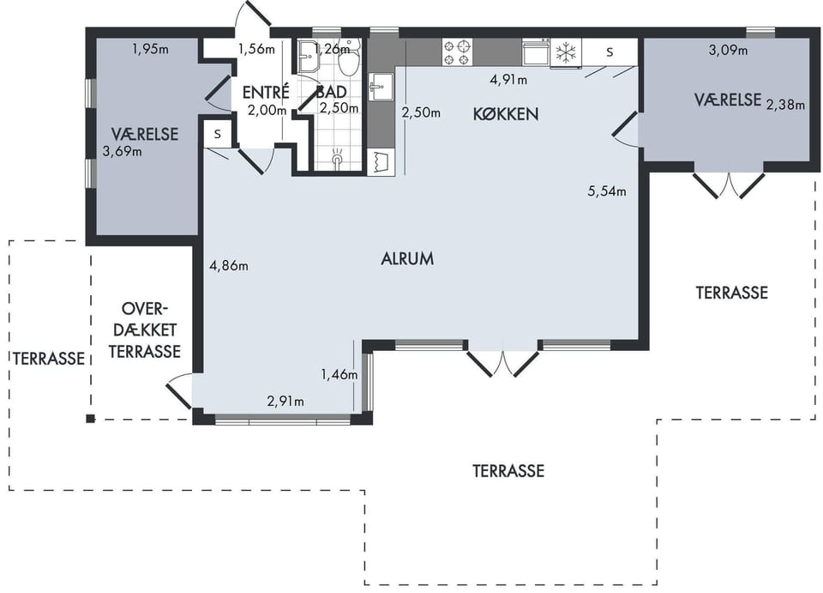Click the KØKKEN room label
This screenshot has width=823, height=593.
(506, 114)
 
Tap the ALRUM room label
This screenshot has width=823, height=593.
(407, 258)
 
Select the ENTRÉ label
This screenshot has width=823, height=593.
(266, 92)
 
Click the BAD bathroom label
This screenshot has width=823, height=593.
(331, 92)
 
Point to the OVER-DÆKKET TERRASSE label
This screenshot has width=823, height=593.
(144, 330)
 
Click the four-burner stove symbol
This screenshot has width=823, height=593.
(457, 52)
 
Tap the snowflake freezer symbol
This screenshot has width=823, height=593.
(566, 52)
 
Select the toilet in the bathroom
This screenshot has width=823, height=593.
(349, 57)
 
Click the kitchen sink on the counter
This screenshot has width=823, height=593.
(381, 86)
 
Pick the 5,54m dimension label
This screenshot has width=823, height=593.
(607, 191)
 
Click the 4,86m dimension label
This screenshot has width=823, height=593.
(229, 266)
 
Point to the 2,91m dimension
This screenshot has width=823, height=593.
(285, 402)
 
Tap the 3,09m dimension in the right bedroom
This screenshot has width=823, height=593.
(728, 51)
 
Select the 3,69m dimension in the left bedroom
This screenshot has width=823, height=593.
(123, 152)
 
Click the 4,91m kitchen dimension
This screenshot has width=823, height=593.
(508, 80)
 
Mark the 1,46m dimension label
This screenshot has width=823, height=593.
(339, 374)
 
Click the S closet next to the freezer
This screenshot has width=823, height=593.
(610, 52)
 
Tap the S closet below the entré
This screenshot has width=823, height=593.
(217, 135)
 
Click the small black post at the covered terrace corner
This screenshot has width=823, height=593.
(90, 419)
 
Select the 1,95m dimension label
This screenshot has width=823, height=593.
(150, 50)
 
